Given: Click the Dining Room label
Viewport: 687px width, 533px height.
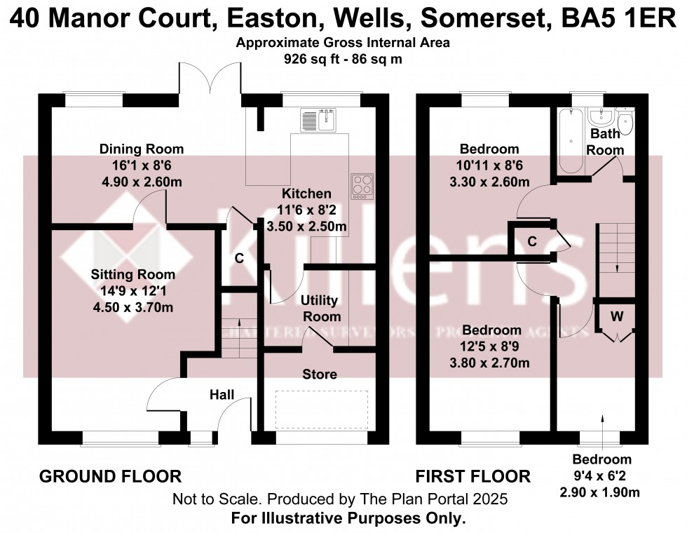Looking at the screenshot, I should point(141,149).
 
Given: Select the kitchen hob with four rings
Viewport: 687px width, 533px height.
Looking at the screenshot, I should point(362,187).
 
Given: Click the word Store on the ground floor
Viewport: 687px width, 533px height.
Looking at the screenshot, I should point(319,375).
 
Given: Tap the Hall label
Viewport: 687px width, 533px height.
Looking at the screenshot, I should point(222,396).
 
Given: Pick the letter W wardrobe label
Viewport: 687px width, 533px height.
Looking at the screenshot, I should point(616,316).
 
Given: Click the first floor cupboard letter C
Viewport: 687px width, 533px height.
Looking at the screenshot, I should point(532,242).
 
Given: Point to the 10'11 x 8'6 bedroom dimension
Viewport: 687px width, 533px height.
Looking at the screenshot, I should point(489,167).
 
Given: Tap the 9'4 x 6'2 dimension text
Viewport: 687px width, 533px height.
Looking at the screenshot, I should point(601,476).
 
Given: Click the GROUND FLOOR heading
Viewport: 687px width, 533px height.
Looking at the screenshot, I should point(110,477).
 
